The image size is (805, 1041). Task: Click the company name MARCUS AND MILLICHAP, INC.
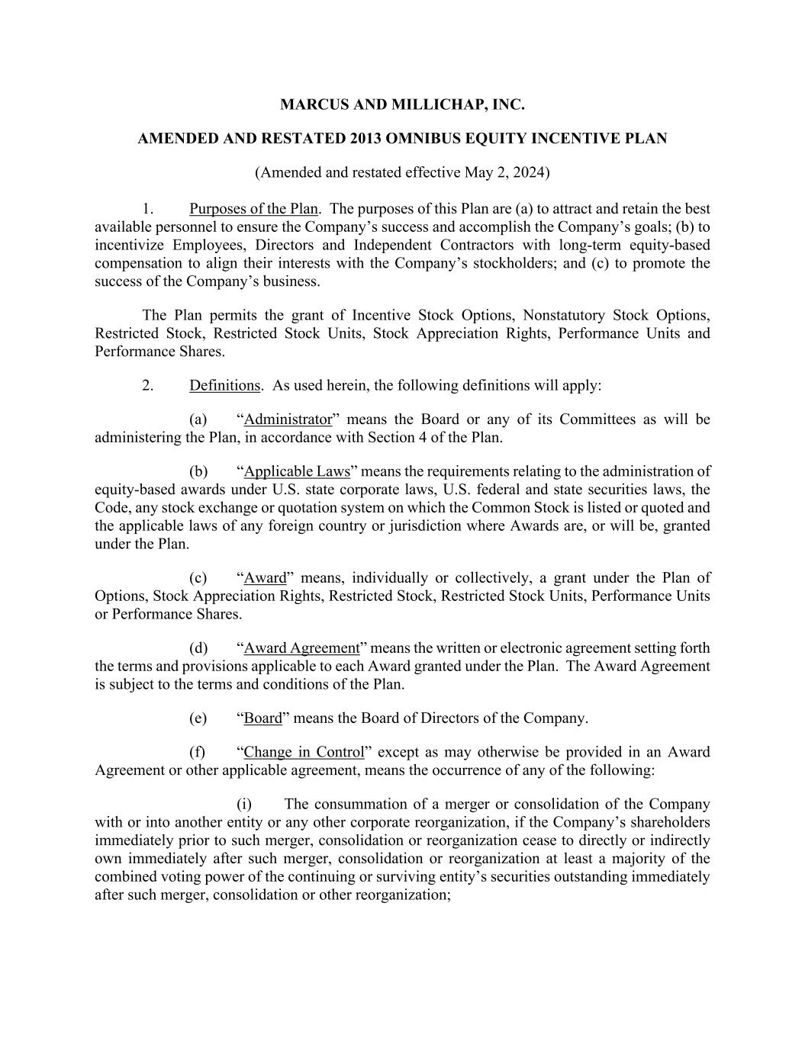(x=402, y=104)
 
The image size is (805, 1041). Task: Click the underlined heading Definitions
(x=224, y=385)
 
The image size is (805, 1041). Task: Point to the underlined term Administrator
(x=288, y=419)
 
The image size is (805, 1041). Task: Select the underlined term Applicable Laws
(x=297, y=471)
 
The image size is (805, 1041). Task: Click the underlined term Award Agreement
(x=301, y=648)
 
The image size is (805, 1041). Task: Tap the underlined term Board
(x=262, y=718)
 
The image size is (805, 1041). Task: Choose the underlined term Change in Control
(x=304, y=752)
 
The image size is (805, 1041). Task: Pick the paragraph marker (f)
(x=198, y=752)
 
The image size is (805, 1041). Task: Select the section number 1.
(x=148, y=209)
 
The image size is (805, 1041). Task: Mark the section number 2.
(x=148, y=385)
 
